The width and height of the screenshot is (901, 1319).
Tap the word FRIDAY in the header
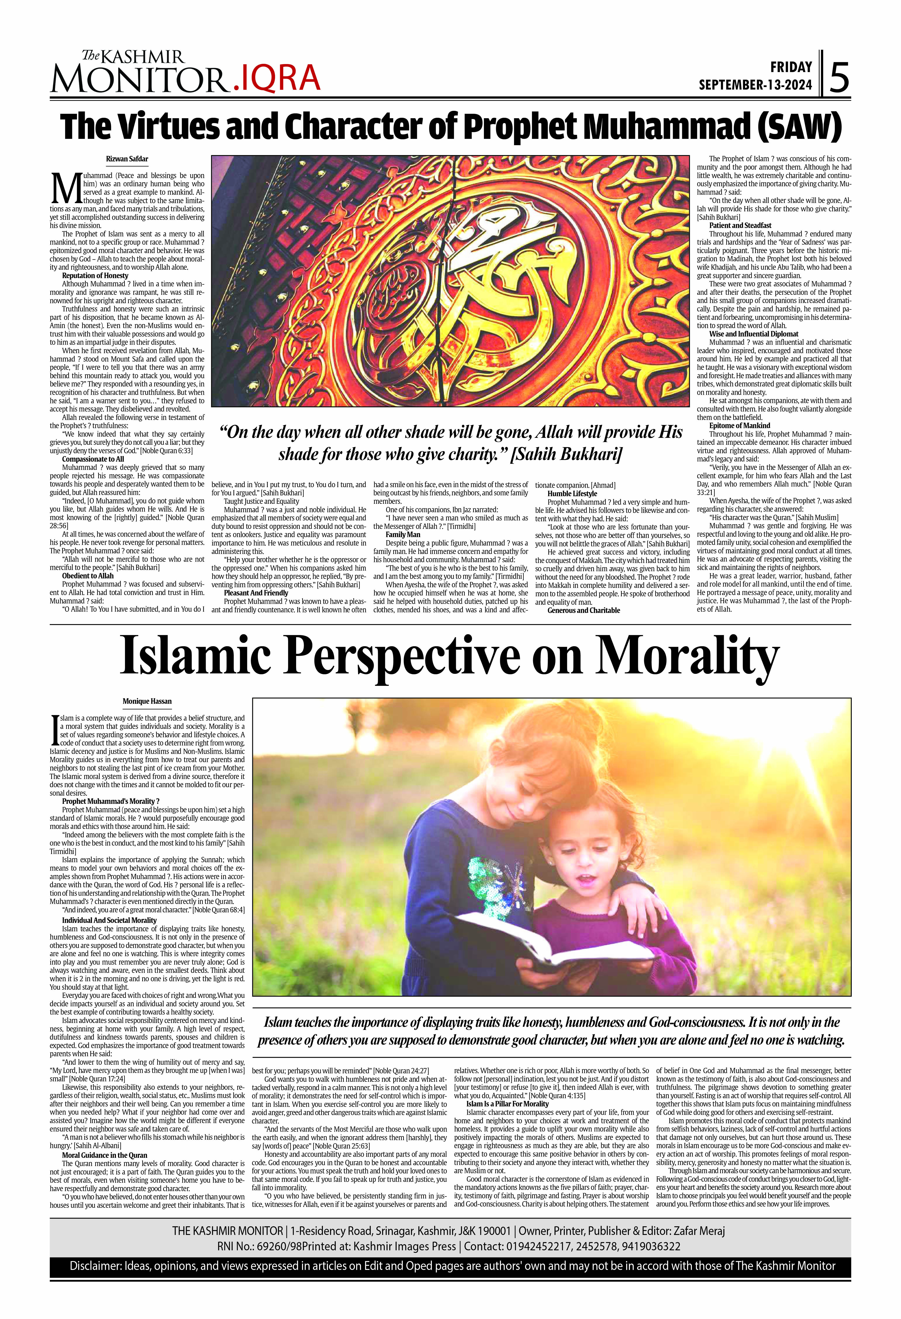791,67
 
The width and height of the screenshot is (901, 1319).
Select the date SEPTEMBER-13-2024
755,85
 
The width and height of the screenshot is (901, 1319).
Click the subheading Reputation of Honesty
95,275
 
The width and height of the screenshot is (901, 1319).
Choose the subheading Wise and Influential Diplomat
753,334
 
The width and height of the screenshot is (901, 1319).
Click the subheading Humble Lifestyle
572,493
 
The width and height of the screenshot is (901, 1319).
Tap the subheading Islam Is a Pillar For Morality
508,1104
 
